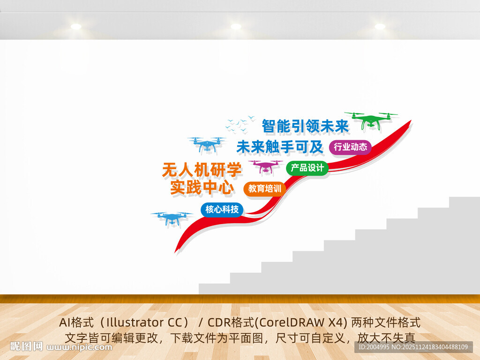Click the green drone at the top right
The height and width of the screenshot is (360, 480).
tap(371, 120)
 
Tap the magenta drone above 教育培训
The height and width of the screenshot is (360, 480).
tap(265, 166)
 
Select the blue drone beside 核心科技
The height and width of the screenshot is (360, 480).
tap(172, 218)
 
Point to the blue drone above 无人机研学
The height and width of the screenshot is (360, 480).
tap(206, 145)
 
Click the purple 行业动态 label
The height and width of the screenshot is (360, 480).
tap(350, 147)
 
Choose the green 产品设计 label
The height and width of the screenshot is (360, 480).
tap(307, 168)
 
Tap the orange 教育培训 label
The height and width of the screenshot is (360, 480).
tap(264, 188)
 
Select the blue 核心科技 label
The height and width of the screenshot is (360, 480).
tap(222, 210)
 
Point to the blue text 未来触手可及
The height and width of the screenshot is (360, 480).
tap(280, 147)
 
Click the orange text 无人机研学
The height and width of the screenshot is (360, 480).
tap(202, 169)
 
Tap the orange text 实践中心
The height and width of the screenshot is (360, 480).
tap(202, 188)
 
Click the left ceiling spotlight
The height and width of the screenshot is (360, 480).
tap(76, 27)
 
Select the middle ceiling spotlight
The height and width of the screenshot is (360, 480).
tap(236, 27)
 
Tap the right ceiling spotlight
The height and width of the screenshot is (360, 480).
tap(380, 27)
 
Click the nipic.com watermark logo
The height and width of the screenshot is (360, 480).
tap(61, 347)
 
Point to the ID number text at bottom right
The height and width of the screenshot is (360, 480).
tap(413, 347)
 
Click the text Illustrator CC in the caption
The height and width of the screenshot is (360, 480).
tap(141, 322)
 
